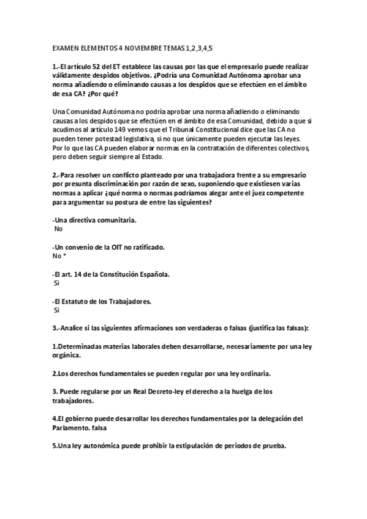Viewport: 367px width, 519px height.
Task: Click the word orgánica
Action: (x=68, y=355)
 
